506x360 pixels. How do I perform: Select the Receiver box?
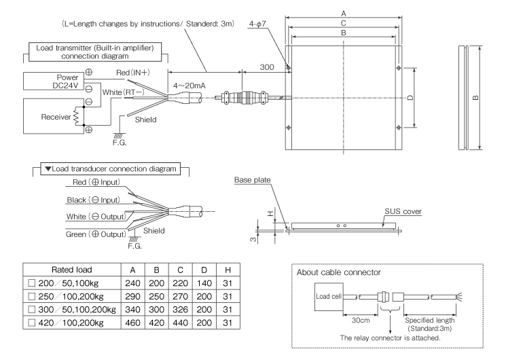pyautogui.click(x=43, y=115)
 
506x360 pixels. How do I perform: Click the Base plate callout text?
pyautogui.click(x=253, y=180)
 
